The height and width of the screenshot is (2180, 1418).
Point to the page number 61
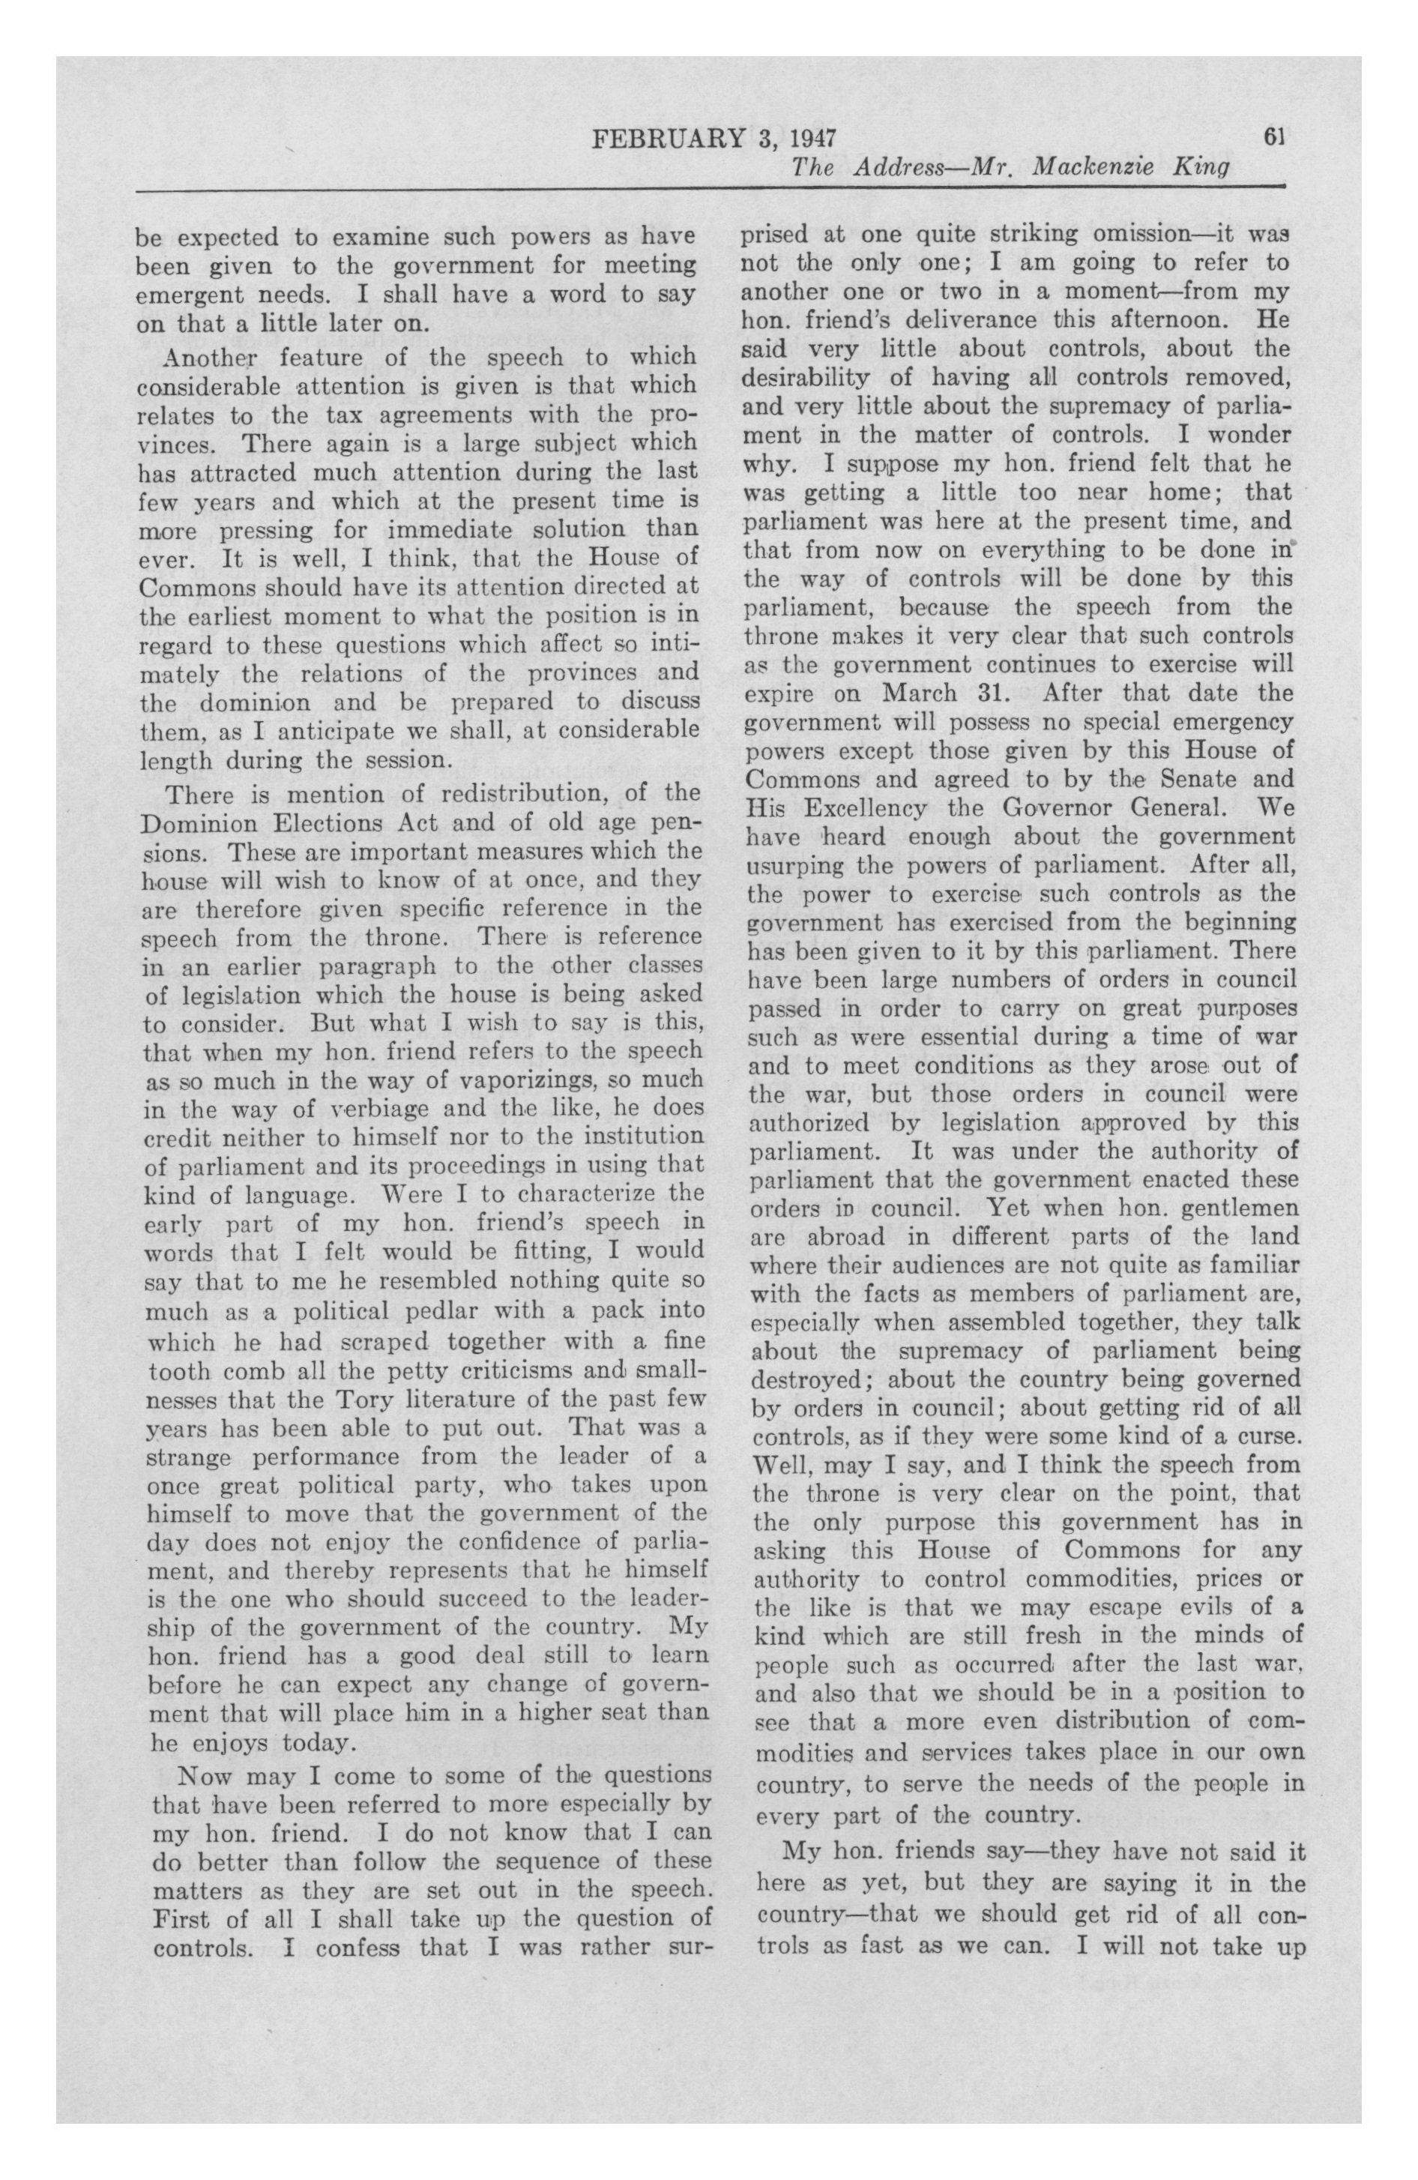(x=1274, y=137)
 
